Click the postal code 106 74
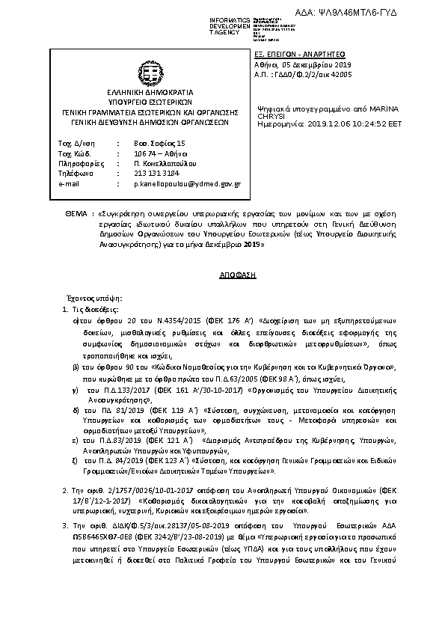pos(144,152)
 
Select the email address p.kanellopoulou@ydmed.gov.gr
pos(187,183)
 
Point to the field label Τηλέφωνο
pos(76,172)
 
